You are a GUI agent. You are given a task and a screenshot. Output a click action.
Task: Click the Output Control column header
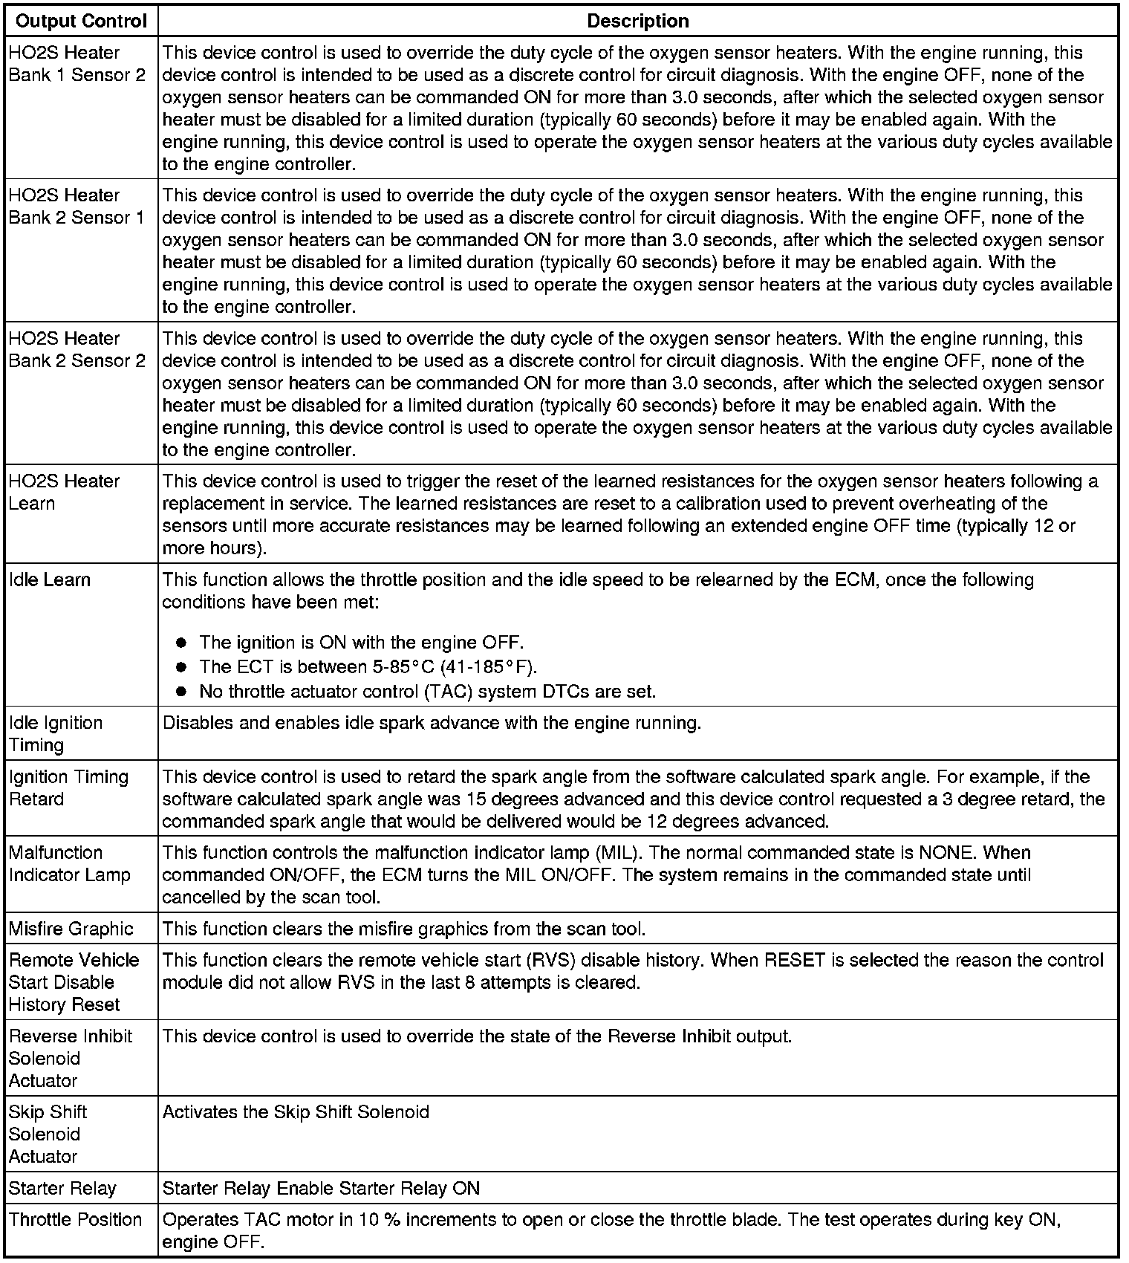click(81, 21)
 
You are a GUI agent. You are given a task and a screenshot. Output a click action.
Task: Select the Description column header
click(637, 21)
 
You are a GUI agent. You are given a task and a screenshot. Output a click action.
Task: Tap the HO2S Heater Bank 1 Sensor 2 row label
click(77, 64)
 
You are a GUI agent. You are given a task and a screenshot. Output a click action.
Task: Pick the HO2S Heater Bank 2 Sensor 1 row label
click(77, 207)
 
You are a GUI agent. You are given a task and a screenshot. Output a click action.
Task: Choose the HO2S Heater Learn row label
click(64, 492)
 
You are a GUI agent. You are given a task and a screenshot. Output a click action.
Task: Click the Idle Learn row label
click(49, 579)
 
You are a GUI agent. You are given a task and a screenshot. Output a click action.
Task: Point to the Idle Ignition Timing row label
click(56, 734)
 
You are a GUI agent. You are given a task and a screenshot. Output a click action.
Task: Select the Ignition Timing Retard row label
click(68, 788)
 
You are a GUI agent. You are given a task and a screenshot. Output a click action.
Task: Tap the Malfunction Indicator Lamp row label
click(69, 863)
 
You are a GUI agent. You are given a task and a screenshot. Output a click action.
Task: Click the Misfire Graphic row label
click(71, 929)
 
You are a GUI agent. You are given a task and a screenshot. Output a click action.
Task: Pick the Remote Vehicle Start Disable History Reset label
click(74, 982)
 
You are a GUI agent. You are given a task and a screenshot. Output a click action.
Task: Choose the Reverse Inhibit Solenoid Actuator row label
click(70, 1058)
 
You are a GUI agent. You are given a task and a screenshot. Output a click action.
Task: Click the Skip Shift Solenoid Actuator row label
click(48, 1134)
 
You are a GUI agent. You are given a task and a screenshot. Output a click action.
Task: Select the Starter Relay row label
click(62, 1188)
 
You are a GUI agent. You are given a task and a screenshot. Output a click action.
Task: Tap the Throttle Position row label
click(75, 1219)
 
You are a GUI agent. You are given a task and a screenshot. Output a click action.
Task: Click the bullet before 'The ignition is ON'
click(181, 643)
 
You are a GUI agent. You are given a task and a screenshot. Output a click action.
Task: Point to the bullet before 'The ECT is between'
click(181, 666)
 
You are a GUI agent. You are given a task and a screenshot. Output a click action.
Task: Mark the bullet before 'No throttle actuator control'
click(181, 692)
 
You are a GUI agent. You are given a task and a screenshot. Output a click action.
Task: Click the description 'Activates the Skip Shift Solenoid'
click(296, 1112)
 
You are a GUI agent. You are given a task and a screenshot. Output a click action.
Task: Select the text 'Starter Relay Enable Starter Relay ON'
click(321, 1188)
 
